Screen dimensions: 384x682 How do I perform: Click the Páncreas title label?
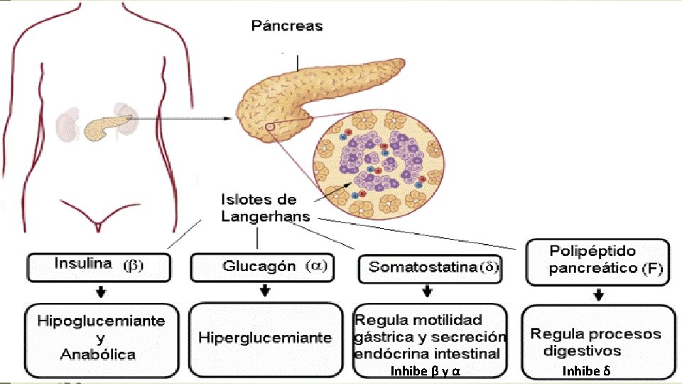[x=287, y=26]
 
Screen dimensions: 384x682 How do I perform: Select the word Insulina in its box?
[x=83, y=264]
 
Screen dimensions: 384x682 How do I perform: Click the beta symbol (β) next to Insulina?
[x=133, y=266]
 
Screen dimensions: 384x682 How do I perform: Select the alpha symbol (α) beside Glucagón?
[x=316, y=266]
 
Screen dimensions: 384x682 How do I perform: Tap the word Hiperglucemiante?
[x=265, y=337]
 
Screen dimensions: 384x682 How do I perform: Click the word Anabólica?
[x=98, y=354]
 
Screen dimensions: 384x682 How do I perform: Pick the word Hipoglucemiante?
[x=101, y=321]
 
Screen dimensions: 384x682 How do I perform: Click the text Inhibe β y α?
[x=425, y=371]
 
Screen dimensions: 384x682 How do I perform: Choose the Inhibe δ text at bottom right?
[x=586, y=371]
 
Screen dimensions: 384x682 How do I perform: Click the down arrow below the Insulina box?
[x=102, y=292]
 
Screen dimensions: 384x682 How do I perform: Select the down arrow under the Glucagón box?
[x=265, y=291]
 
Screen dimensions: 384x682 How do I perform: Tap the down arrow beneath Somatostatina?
[x=427, y=291]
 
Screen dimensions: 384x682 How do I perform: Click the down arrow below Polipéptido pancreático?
[x=600, y=294]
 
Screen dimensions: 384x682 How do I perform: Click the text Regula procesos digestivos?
[x=595, y=342]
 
